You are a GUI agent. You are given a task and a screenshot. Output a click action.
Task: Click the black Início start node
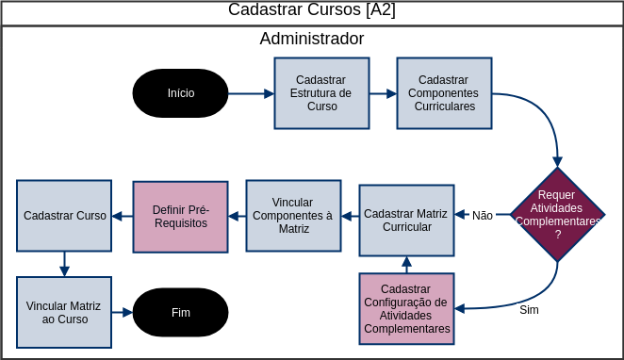click(x=181, y=93)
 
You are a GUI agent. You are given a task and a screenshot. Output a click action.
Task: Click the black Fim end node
click(x=181, y=312)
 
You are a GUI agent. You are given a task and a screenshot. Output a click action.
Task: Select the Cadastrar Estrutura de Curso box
click(x=321, y=93)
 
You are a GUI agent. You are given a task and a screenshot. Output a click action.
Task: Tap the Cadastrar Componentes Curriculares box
click(x=444, y=93)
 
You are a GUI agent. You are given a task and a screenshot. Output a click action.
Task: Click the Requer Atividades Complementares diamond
click(x=557, y=214)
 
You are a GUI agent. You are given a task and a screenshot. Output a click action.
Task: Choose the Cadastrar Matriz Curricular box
click(x=406, y=221)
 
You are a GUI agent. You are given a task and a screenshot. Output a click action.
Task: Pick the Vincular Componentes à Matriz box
click(x=294, y=216)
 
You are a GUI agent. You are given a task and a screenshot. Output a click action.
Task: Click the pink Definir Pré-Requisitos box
click(x=180, y=216)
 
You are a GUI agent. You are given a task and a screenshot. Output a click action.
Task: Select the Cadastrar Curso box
click(x=65, y=216)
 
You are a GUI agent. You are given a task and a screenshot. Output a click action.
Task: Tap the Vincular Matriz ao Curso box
click(x=65, y=312)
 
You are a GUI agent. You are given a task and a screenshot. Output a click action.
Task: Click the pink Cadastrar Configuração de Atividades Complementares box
click(x=406, y=308)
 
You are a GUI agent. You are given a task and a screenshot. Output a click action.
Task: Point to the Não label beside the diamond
click(x=483, y=215)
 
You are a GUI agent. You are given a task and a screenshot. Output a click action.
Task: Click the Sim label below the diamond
click(x=529, y=309)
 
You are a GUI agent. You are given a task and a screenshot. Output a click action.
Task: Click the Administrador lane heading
click(x=311, y=40)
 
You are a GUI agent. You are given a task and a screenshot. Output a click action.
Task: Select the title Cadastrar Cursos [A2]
click(x=311, y=10)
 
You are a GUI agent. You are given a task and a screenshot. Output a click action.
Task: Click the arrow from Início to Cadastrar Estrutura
click(x=251, y=93)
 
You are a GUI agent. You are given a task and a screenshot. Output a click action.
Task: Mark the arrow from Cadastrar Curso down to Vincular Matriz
click(x=64, y=263)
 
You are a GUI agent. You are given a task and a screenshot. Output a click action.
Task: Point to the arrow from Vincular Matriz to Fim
click(x=123, y=312)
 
